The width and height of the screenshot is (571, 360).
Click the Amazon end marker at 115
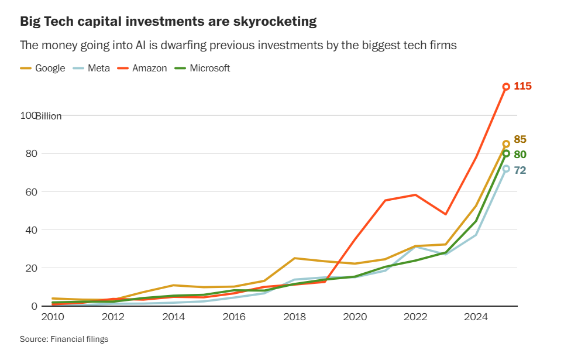[x=506, y=87]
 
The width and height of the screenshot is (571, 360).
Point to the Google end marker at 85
[x=506, y=143]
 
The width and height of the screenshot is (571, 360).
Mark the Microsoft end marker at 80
[x=506, y=153]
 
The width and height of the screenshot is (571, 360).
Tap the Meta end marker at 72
[x=506, y=169]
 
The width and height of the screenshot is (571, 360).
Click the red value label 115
[x=522, y=87]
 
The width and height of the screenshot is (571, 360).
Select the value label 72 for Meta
[x=520, y=170]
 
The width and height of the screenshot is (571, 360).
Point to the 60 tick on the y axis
[x=30, y=192]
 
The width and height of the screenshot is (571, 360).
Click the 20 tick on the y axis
[x=30, y=268]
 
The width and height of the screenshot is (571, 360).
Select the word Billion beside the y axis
[x=49, y=116]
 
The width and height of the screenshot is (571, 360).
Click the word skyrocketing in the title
[x=271, y=22]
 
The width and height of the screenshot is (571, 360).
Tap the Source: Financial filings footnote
[x=64, y=339]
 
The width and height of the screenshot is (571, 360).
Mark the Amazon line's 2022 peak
[x=415, y=195]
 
